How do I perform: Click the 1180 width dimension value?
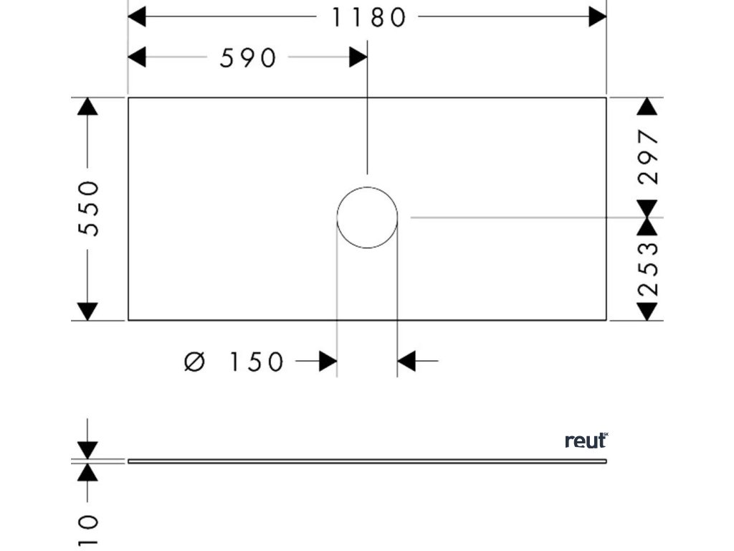pyautogui.click(x=368, y=17)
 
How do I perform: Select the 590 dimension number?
pyautogui.click(x=247, y=58)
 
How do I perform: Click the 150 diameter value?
pyautogui.click(x=257, y=362)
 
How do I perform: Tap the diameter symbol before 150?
pyautogui.click(x=194, y=362)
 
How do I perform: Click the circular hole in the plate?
pyautogui.click(x=367, y=217)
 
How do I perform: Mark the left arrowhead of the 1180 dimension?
pyautogui.click(x=136, y=17)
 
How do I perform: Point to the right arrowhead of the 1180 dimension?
pyautogui.click(x=598, y=17)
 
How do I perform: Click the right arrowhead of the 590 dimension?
pyautogui.click(x=358, y=57)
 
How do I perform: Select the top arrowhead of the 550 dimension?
pyautogui.click(x=87, y=106)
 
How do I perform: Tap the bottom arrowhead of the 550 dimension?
pyautogui.click(x=87, y=311)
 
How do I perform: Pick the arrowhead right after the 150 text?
pyautogui.click(x=328, y=362)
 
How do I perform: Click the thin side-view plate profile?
pyautogui.click(x=367, y=461)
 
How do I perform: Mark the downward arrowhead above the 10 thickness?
pyautogui.click(x=87, y=451)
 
